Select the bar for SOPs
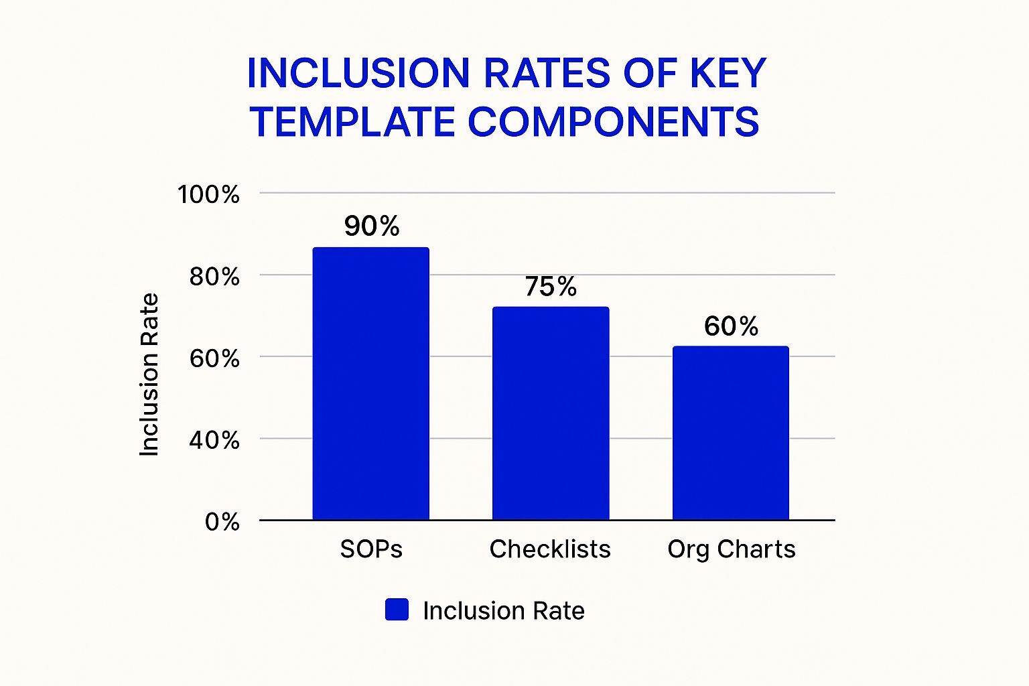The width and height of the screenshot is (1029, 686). [x=370, y=384]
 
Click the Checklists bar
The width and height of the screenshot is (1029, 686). [x=551, y=413]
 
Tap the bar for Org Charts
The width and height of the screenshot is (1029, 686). [x=730, y=433]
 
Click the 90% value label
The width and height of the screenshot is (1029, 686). [x=372, y=226]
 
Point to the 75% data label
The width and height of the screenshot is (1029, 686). [x=551, y=287]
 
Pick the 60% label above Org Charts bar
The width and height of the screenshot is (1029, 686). [x=731, y=326]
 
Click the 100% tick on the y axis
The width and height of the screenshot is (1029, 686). [x=208, y=194]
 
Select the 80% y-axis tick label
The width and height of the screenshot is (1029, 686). [x=214, y=276]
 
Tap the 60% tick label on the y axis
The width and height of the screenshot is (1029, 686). [x=214, y=358]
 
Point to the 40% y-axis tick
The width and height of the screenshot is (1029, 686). [x=214, y=440]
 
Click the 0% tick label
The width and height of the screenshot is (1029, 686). [x=222, y=522]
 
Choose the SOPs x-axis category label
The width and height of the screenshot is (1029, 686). [x=371, y=549]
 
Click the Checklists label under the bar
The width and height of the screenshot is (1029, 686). [x=550, y=549]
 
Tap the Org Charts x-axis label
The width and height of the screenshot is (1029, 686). [x=731, y=549]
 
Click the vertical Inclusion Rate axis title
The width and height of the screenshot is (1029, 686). [x=149, y=375]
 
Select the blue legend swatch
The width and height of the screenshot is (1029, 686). [x=397, y=610]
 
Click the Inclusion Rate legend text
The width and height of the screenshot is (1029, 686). [x=504, y=611]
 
